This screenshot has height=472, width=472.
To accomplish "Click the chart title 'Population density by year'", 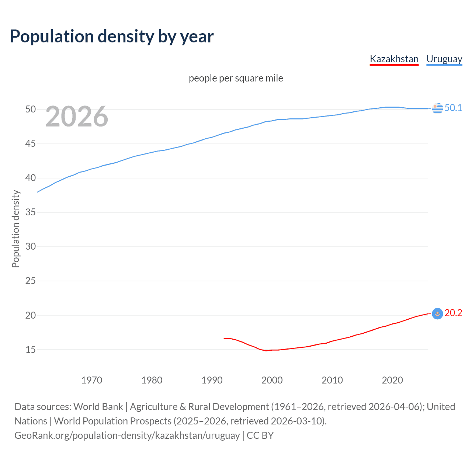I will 112,37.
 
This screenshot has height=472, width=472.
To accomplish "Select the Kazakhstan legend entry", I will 394,59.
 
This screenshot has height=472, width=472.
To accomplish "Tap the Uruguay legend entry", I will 444,59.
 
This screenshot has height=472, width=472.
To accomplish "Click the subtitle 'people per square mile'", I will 236,78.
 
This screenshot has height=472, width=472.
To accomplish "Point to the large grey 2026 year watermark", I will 77,117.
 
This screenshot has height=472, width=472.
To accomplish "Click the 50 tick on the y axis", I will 31,109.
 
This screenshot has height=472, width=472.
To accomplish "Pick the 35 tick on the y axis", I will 31,212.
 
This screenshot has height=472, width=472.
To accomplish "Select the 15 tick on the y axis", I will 31,349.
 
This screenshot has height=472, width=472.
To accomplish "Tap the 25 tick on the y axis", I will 31,281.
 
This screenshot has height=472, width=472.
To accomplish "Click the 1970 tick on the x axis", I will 91,380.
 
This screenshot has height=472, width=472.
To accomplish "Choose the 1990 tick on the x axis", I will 212,380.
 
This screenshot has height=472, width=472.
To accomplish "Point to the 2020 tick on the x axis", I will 392,380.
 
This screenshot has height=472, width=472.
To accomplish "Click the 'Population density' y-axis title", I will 15,229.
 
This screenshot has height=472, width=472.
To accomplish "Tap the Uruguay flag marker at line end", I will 437,108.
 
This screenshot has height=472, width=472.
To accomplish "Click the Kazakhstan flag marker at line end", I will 437,313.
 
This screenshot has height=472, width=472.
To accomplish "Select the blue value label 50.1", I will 453,108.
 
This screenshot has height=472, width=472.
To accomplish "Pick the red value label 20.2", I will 453,313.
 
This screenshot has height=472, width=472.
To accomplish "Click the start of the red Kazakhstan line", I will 224,338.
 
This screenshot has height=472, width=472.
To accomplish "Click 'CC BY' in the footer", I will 260,435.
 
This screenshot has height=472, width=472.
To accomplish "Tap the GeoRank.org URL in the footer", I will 127,435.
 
